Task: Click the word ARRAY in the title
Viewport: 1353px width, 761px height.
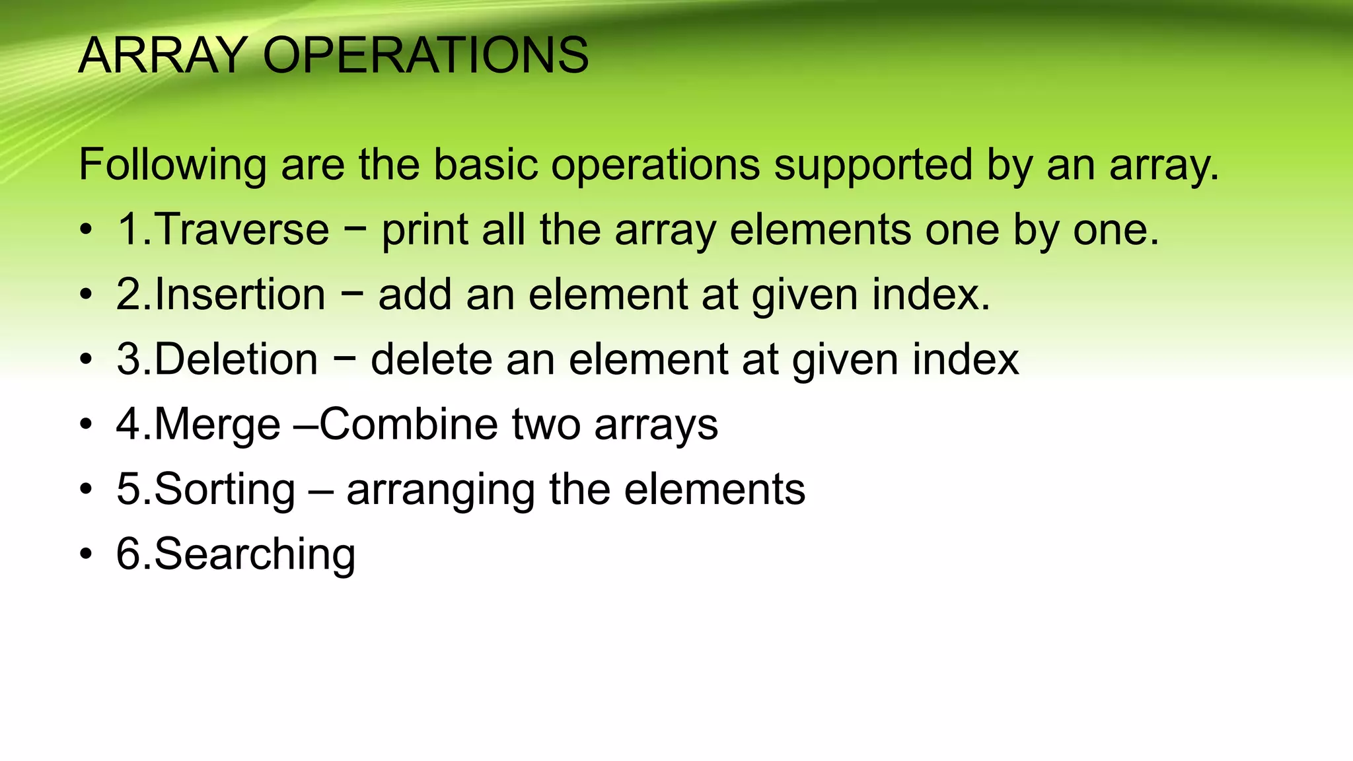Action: [163, 55]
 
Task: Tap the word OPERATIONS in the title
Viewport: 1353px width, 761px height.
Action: [425, 55]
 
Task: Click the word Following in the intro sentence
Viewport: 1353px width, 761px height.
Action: [172, 165]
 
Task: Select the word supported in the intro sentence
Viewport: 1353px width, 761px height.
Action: [873, 165]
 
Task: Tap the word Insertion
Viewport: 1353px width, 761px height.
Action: [240, 294]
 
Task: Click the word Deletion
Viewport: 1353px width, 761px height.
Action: [236, 359]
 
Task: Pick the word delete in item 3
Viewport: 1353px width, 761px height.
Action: [431, 359]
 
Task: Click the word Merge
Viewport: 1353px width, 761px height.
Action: [217, 425]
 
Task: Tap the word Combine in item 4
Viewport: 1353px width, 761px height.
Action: [408, 424]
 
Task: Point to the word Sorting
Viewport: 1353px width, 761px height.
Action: [225, 490]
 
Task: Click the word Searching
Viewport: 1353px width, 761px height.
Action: [254, 555]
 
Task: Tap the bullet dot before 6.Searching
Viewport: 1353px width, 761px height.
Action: [86, 555]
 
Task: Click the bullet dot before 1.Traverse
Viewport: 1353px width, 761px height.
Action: [86, 231]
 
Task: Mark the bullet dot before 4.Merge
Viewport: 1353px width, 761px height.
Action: [86, 425]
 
